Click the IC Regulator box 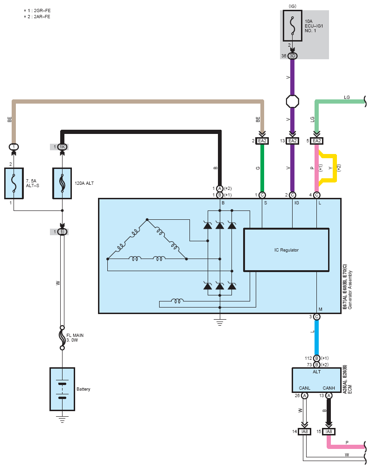coord(287,250)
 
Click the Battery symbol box coord(62,389)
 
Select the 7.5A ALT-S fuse coord(14,183)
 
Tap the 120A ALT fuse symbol coord(62,183)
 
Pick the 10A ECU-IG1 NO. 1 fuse coord(292,26)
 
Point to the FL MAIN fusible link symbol coord(62,338)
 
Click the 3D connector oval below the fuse coord(292,56)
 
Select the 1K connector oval coord(62,147)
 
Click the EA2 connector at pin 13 coord(292,141)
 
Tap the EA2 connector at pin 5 coord(316,141)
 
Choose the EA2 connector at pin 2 coord(262,141)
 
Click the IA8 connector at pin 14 coord(305,432)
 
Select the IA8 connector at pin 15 coord(329,432)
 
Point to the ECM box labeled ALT coord(316,380)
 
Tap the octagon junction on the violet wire coord(292,101)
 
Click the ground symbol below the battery coord(62,419)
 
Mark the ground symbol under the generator coord(220,322)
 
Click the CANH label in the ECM coord(329,388)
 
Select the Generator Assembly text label coord(350,290)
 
